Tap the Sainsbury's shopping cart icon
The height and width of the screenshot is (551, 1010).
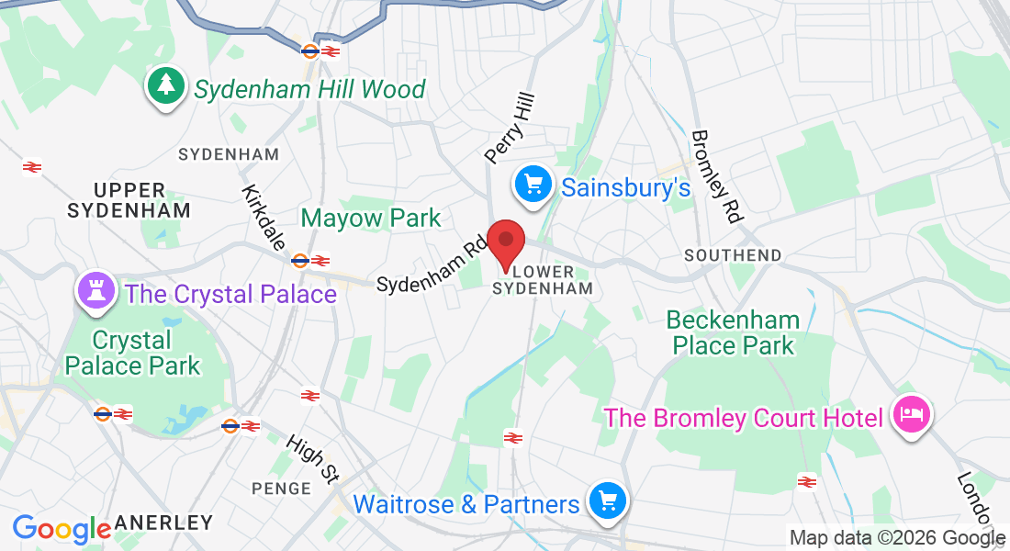533,186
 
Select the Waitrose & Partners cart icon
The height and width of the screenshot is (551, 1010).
607,501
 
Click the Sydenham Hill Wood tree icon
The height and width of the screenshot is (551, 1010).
166,86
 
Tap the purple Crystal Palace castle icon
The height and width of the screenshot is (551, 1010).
96,292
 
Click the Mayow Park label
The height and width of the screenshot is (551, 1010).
371,219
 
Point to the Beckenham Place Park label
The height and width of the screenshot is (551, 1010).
733,332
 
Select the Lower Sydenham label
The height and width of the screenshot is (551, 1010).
543,280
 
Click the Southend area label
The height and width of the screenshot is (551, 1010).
733,254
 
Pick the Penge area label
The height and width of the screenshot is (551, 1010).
282,488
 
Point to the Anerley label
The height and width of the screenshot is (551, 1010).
163,523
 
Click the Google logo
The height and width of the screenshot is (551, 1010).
61,529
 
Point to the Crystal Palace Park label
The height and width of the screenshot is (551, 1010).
132,353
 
